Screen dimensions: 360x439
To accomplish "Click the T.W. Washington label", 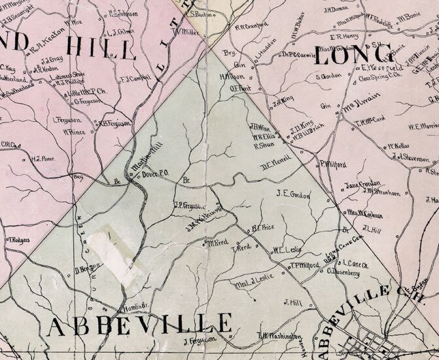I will point(277,336).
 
